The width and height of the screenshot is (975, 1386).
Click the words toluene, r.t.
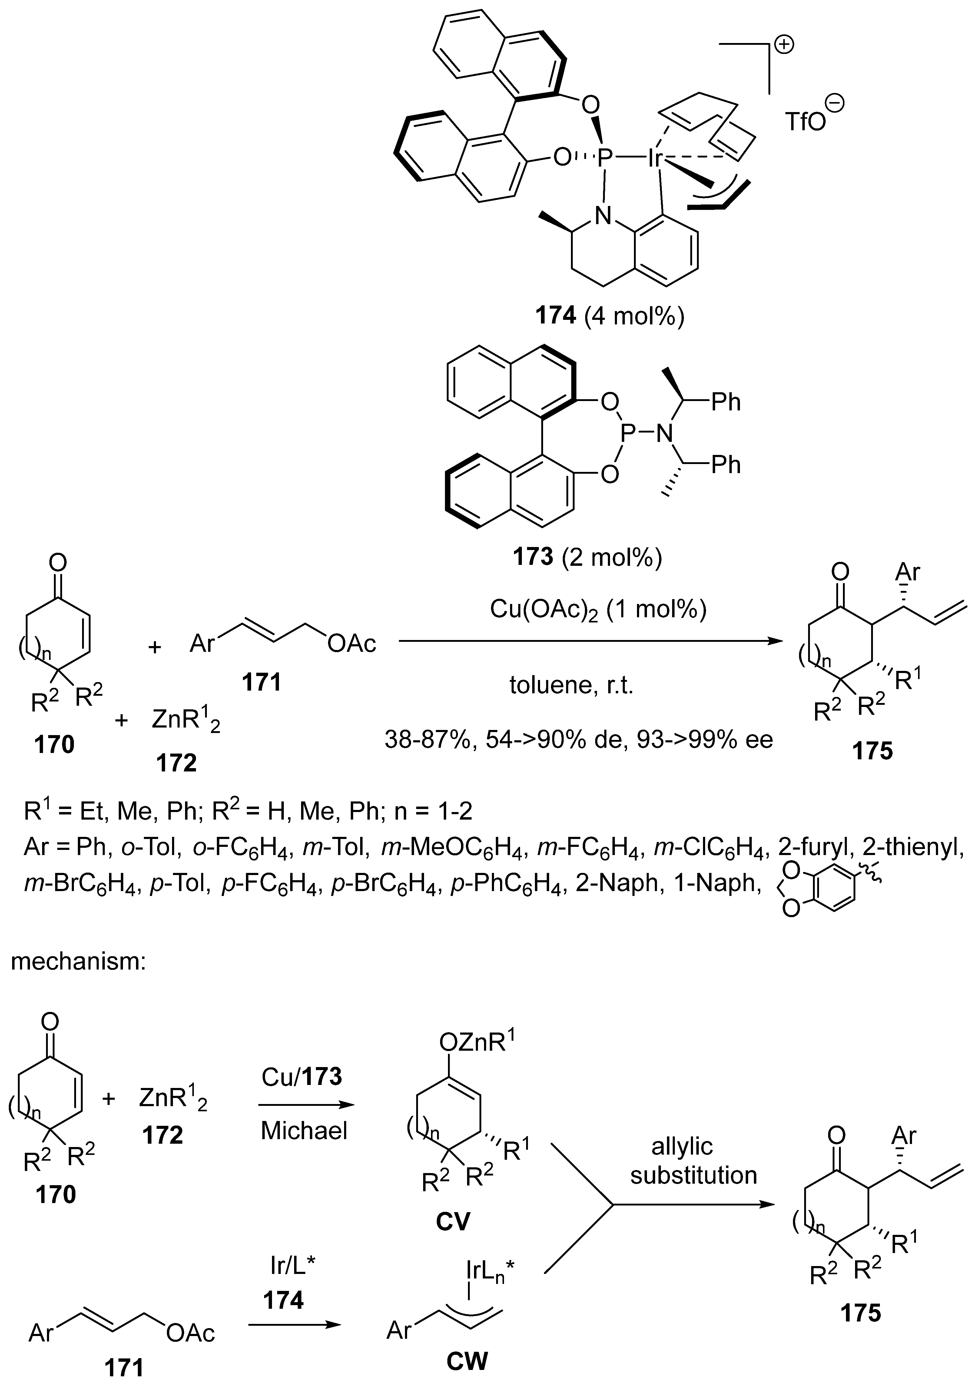click(571, 686)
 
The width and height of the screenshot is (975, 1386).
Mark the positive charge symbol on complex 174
click(785, 45)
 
